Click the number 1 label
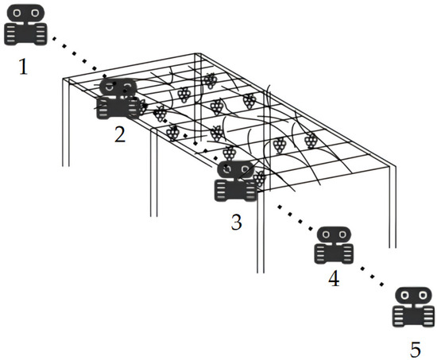[23, 67]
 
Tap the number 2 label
[120, 134]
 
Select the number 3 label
[236, 223]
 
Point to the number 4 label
[334, 279]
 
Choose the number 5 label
[416, 349]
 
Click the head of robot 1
[25, 13]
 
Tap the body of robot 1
[25, 34]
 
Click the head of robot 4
[335, 234]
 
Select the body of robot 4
[334, 254]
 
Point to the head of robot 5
[414, 295]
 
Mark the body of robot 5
[414, 315]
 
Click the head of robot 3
[236, 169]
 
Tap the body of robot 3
[236, 190]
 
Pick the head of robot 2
[118, 87]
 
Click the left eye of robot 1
[17, 13]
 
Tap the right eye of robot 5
[423, 295]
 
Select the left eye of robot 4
[326, 234]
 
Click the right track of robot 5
[428, 316]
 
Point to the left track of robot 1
[11, 35]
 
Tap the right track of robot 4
[347, 254]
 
